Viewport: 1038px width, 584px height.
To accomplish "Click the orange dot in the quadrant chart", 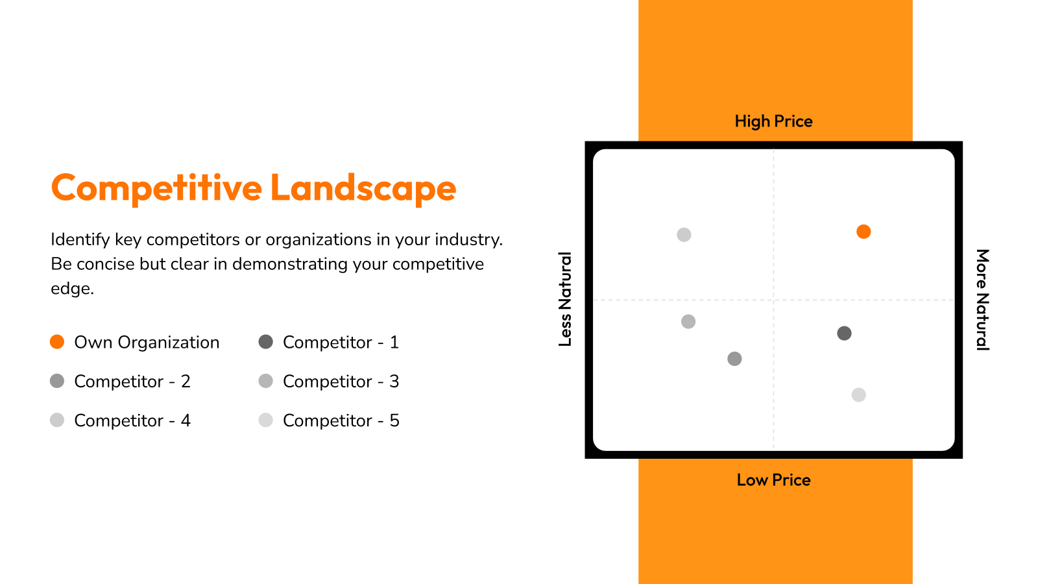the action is [x=863, y=231].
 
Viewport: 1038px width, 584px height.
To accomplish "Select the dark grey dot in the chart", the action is [x=844, y=333].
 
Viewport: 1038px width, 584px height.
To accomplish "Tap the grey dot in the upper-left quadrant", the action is [x=684, y=234].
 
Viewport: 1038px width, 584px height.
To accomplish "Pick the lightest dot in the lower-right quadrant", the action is [x=859, y=395].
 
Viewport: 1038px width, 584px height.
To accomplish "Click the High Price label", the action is [x=773, y=121].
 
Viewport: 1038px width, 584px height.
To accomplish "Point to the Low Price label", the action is [x=773, y=480].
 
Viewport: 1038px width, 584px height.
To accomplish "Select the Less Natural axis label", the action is [x=565, y=299].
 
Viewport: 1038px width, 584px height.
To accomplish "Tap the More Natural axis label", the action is [x=983, y=299].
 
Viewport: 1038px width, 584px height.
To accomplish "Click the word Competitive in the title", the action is [x=156, y=188].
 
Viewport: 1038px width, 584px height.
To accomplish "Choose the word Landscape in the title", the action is [x=363, y=188].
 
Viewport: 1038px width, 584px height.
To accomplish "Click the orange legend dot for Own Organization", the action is [x=57, y=341].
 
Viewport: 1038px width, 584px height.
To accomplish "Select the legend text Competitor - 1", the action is [x=341, y=342].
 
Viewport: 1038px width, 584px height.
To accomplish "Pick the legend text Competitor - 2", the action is [x=132, y=381].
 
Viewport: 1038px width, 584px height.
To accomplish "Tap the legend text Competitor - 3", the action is [x=341, y=381].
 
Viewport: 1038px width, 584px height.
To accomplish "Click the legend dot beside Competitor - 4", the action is [x=57, y=420].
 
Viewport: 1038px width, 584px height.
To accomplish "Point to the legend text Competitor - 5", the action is [x=341, y=420].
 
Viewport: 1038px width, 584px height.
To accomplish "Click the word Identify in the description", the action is [x=80, y=239].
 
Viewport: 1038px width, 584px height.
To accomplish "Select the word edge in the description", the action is [x=72, y=289].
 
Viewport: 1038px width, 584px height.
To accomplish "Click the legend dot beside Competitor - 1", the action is [x=265, y=341].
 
